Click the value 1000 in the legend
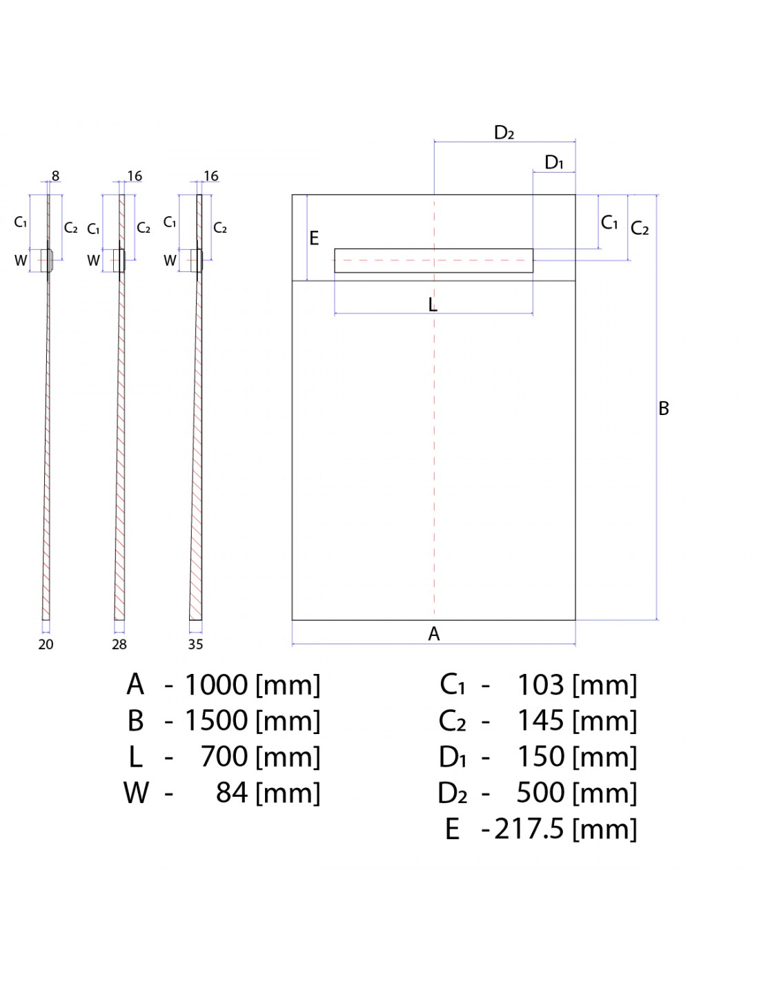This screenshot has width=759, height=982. tap(216, 685)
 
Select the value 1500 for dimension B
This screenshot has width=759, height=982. tap(216, 721)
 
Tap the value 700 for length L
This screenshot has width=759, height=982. tap(224, 757)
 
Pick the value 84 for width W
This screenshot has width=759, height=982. tap(232, 793)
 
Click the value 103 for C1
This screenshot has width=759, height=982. tap(540, 685)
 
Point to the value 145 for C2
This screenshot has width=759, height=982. tap(540, 721)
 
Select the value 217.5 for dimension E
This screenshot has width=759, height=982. tap(529, 829)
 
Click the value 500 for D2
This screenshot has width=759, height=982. tap(540, 793)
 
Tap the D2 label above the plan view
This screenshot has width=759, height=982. tap(504, 133)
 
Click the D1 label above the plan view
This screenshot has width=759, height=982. tap(554, 162)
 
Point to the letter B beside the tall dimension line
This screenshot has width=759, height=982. tap(663, 409)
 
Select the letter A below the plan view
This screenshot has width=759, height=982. tap(433, 634)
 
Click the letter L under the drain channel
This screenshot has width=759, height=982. tap(433, 305)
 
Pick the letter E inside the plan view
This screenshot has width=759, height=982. tap(314, 238)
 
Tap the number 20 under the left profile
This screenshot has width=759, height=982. tap(46, 644)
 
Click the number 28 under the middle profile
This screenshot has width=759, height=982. tap(119, 644)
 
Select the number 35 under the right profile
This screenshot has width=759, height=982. tap(195, 644)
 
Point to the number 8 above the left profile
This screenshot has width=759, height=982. tap(55, 176)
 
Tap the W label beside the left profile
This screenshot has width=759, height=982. tap(21, 260)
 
